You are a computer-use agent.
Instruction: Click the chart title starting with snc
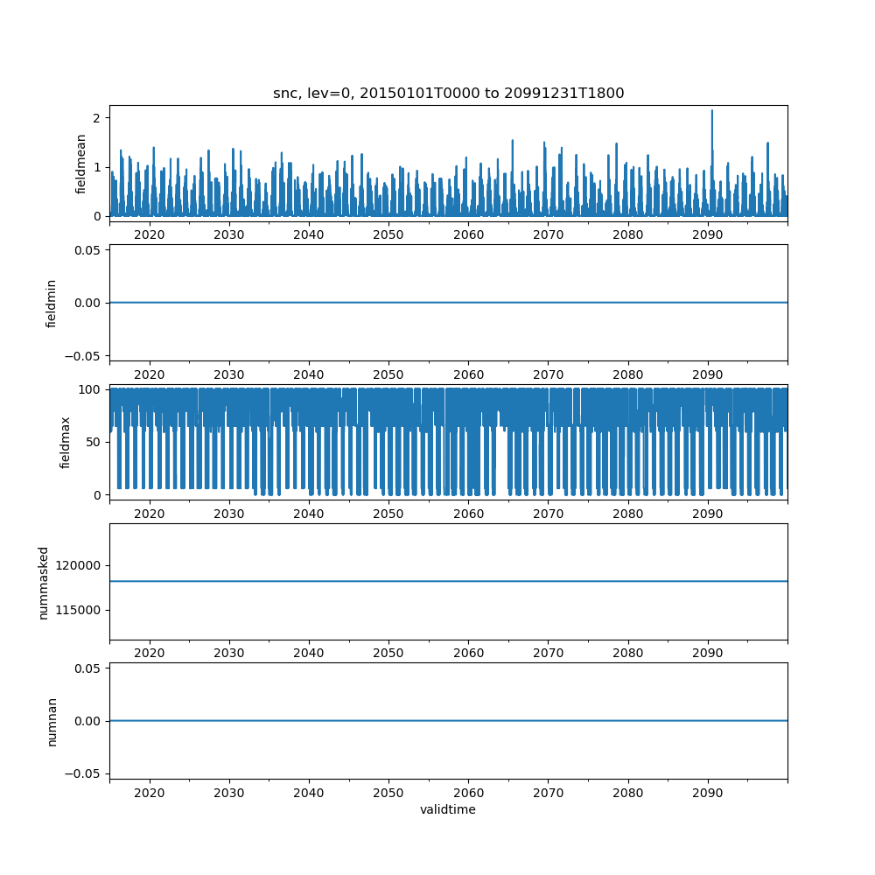448,94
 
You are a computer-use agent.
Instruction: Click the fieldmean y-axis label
80,164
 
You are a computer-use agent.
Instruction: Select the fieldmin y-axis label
52,304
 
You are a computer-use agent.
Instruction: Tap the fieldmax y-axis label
66,443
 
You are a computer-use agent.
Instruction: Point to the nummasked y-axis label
44,583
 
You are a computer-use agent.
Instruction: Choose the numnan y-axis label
52,722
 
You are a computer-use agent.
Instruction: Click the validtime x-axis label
448,809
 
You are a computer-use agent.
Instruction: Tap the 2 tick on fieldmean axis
97,118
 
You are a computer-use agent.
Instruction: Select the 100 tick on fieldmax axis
89,389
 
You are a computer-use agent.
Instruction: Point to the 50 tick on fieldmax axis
94,442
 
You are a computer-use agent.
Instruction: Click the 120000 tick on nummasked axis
78,566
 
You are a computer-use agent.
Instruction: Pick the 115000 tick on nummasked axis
78,611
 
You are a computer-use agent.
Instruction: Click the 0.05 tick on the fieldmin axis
87,250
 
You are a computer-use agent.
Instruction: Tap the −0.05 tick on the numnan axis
83,773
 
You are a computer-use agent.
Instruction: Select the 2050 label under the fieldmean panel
388,234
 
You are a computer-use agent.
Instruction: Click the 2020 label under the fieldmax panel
150,514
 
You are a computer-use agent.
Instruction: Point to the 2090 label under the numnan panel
708,793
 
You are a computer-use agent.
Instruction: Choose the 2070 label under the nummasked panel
548,653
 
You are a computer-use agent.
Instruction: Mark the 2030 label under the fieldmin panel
228,374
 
